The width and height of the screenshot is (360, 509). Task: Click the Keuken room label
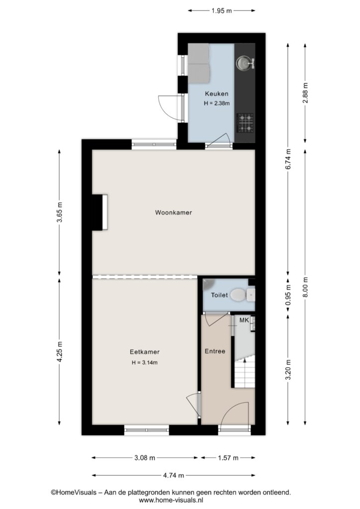tap(216, 94)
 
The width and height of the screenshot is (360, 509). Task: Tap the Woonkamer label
tap(174, 213)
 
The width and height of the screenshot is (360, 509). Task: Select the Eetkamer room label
tap(145, 352)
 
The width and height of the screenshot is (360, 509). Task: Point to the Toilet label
tap(219, 295)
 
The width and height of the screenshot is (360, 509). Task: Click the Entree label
tap(215, 351)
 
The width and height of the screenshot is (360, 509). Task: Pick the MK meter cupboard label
tap(244, 321)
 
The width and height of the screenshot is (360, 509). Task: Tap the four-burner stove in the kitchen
tap(246, 123)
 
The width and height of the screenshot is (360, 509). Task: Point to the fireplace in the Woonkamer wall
tap(99, 212)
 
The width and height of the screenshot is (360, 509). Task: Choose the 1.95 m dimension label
tap(222, 11)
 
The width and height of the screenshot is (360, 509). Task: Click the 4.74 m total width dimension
tap(174, 476)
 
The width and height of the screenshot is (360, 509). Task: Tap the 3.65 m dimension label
tap(59, 212)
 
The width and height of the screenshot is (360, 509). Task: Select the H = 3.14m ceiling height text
tap(145, 362)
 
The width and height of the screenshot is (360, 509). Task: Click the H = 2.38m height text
tap(216, 103)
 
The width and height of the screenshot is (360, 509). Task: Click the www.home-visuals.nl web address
tap(171, 500)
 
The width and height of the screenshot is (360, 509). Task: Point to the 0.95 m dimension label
tap(288, 295)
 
